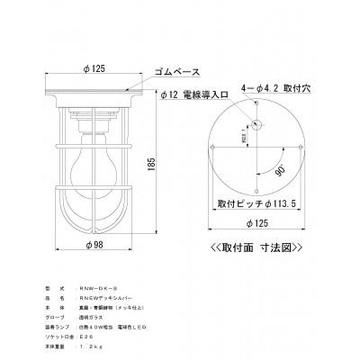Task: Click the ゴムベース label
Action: (179, 68)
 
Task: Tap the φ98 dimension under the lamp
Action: (100, 244)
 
